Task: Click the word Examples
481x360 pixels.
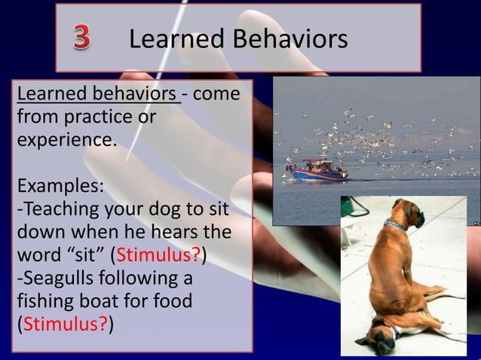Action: (x=60, y=185)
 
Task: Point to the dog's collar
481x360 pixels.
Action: (x=394, y=224)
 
